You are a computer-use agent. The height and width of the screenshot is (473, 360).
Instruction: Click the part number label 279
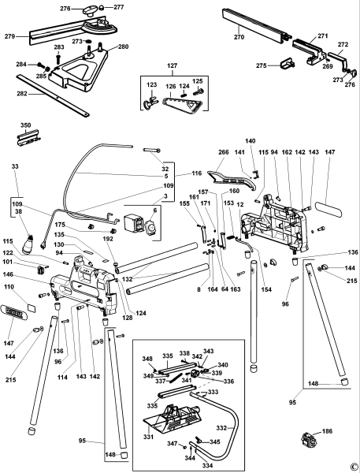click(x=9, y=36)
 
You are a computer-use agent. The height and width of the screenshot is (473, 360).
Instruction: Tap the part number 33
click(x=15, y=167)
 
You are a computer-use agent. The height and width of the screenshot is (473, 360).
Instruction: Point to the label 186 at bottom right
click(x=327, y=433)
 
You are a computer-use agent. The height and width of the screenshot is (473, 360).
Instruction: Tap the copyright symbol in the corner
click(x=354, y=466)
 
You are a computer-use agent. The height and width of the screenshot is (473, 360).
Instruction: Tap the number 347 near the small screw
click(x=171, y=445)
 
